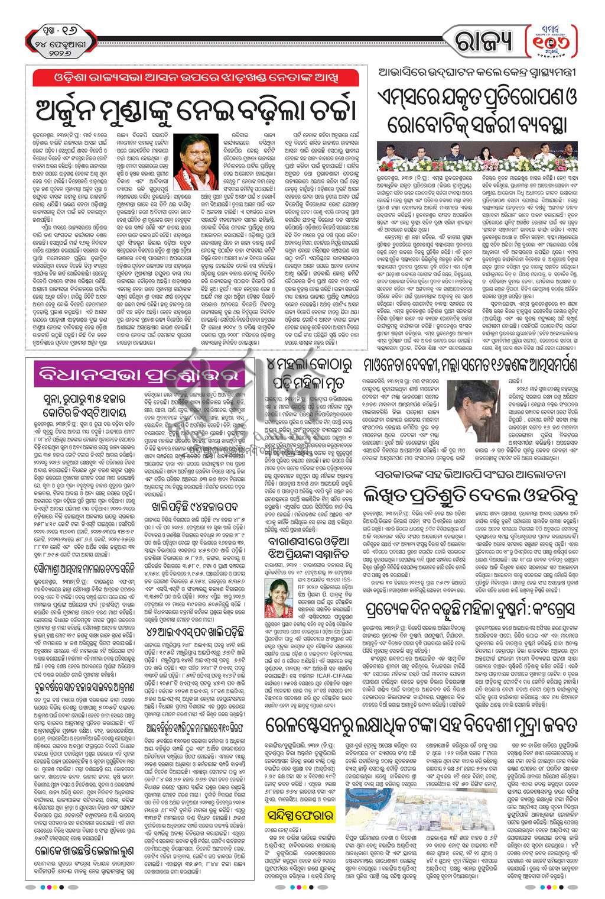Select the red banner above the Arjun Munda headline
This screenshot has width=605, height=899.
tap(197, 78)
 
